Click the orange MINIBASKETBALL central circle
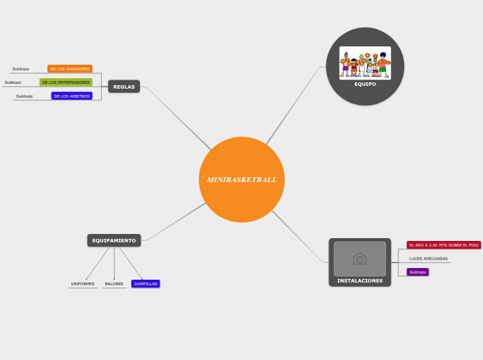click(x=241, y=179)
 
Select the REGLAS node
click(x=124, y=87)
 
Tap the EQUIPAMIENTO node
click(x=114, y=240)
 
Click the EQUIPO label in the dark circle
click(x=365, y=84)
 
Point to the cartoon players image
click(x=365, y=62)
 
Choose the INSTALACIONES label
click(x=360, y=280)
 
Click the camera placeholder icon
click(x=360, y=259)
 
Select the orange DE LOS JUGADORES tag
click(x=70, y=69)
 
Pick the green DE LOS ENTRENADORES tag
click(x=66, y=82)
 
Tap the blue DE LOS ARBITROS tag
click(x=71, y=96)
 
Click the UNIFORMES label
click(x=82, y=284)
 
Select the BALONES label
click(x=114, y=284)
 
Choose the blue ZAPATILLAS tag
click(x=146, y=284)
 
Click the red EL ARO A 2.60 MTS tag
click(x=444, y=245)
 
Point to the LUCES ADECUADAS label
click(x=428, y=259)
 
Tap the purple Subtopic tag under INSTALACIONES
click(x=418, y=272)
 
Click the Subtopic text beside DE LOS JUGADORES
click(x=21, y=69)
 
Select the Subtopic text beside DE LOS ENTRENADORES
click(x=12, y=82)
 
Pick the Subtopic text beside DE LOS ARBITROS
click(x=24, y=96)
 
